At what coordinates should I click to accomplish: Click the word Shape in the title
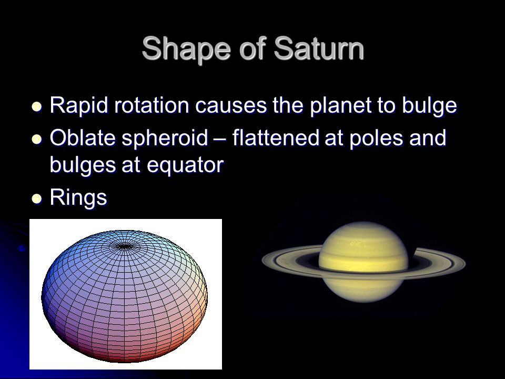click(186, 49)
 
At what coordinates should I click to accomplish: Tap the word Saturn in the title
click(319, 48)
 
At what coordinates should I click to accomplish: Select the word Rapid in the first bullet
click(79, 106)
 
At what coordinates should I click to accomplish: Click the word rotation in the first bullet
click(151, 105)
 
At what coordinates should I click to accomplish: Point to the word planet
click(340, 106)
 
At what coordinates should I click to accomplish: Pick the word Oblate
click(83, 137)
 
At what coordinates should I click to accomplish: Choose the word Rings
click(78, 197)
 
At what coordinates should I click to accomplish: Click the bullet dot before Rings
click(37, 199)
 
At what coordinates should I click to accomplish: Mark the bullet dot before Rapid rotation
click(37, 107)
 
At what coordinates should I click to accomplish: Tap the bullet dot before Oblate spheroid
click(37, 139)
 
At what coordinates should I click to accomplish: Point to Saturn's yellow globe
click(363, 262)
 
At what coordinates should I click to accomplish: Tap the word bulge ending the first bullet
click(429, 106)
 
